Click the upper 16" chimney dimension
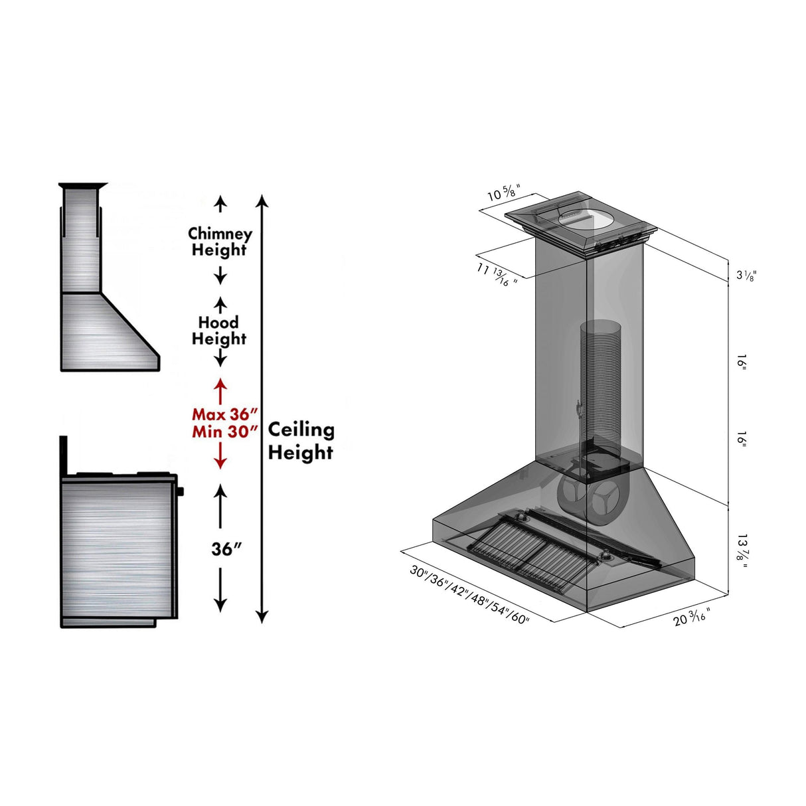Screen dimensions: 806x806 coord(742,363)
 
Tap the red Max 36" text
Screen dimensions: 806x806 coord(224,414)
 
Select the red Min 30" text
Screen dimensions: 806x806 coord(224,432)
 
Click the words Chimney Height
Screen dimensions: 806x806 coord(220,242)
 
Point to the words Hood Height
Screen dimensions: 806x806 coord(219,331)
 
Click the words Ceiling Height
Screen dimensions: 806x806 coord(301,441)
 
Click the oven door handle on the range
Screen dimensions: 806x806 coord(180,491)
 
